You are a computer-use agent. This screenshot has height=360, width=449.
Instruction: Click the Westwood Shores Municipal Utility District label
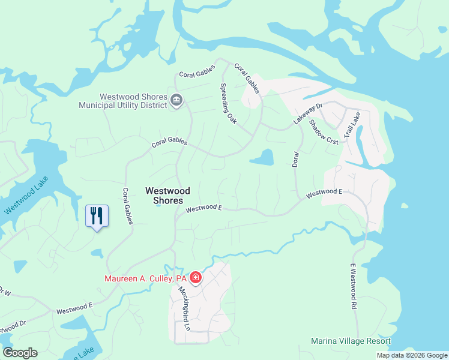pyautogui.click(x=124, y=101)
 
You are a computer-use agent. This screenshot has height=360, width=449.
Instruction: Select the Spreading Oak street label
pyautogui.click(x=228, y=103)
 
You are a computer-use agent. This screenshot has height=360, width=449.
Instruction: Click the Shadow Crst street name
pyautogui.click(x=324, y=131)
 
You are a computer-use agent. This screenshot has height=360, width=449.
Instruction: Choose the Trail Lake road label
pyautogui.click(x=351, y=127)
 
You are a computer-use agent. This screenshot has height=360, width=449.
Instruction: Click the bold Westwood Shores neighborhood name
pyautogui.click(x=168, y=196)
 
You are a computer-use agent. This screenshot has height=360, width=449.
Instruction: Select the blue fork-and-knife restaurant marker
pyautogui.click(x=97, y=216)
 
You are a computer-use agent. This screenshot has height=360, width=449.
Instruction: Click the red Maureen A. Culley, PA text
pyautogui.click(x=146, y=278)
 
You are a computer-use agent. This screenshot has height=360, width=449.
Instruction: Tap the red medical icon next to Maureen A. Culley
pyautogui.click(x=196, y=278)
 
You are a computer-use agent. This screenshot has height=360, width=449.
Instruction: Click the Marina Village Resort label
pyautogui.click(x=351, y=341)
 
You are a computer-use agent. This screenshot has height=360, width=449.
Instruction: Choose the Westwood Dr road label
pyautogui.click(x=12, y=328)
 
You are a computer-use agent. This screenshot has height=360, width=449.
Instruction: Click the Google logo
pyautogui.click(x=20, y=353)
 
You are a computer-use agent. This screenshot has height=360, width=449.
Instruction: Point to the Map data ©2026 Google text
pyautogui.click(x=411, y=355)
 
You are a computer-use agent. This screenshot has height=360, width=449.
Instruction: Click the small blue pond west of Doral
pyautogui.click(x=262, y=158)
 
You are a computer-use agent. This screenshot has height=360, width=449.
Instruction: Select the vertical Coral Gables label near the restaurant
pyautogui.click(x=127, y=206)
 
